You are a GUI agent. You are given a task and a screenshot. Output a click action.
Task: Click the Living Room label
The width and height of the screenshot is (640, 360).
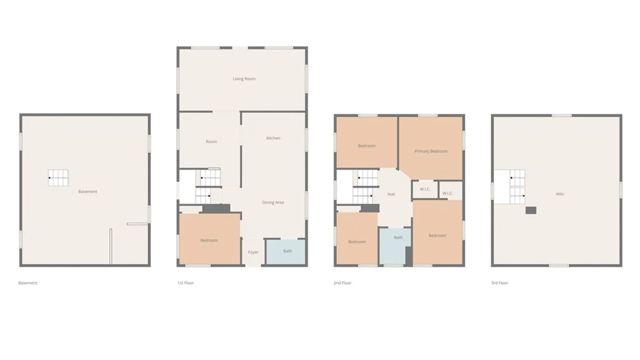pyautogui.click(x=244, y=79)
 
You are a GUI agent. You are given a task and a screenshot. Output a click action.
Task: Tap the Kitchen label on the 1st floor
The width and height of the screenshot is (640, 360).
pyautogui.click(x=273, y=138)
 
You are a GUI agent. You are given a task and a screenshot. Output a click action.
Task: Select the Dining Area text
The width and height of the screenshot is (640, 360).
pyautogui.click(x=273, y=202)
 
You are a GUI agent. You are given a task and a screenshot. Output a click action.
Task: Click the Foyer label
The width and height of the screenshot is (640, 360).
pyautogui.click(x=253, y=252)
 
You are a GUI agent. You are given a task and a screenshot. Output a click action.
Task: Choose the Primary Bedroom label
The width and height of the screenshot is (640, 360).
pyautogui.click(x=431, y=151)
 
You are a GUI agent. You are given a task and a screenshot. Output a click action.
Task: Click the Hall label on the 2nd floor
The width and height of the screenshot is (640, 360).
pyautogui.click(x=391, y=194)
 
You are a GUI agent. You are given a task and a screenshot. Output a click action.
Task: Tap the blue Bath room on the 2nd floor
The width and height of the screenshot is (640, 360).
pyautogui.click(x=395, y=246)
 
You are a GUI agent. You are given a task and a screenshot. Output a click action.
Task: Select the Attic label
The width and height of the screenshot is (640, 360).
pyautogui.click(x=560, y=194)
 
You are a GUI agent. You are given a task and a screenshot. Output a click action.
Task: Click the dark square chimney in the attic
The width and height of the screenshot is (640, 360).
pyautogui.click(x=531, y=210)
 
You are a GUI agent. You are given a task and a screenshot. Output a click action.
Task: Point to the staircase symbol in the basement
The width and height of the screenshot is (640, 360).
pyautogui.click(x=58, y=178)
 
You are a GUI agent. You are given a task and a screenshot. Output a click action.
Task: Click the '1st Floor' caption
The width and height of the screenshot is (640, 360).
pyautogui.click(x=185, y=283)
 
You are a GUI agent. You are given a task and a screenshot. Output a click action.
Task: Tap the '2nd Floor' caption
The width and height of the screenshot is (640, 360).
pyautogui.click(x=342, y=283)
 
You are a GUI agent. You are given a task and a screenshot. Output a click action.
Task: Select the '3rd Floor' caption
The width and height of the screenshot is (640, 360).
pyautogui.click(x=499, y=283)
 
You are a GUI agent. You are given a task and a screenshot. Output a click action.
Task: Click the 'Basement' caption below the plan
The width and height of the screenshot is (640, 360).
pyautogui.click(x=28, y=283)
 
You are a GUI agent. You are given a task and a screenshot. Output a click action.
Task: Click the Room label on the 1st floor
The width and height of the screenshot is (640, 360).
pyautogui.click(x=211, y=142)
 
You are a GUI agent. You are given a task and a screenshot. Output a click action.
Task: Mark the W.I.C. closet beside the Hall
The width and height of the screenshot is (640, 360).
pyautogui.click(x=425, y=190)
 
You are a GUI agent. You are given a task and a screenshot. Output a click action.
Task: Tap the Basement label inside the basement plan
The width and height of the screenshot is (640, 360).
pyautogui.click(x=88, y=192)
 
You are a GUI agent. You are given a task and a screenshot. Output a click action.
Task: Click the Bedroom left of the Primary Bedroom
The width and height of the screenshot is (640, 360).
pyautogui.click(x=367, y=142)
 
